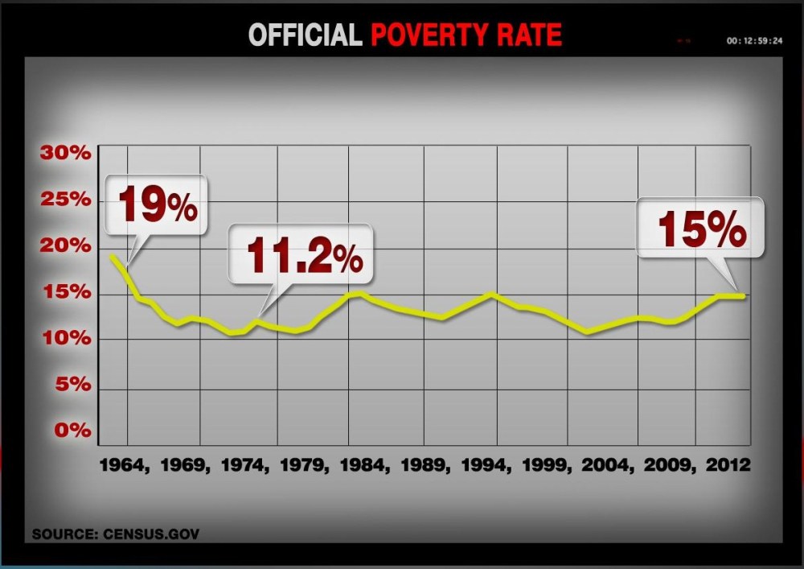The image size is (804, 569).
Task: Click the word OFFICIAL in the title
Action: [x=305, y=35]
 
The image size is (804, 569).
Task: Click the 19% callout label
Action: [x=158, y=206]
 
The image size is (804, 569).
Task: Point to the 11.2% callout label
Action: [x=303, y=255]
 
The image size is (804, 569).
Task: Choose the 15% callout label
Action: [x=702, y=229]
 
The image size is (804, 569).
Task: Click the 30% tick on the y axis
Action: [x=70, y=154]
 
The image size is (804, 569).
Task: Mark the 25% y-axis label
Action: [x=70, y=200]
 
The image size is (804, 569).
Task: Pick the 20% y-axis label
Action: [x=70, y=246]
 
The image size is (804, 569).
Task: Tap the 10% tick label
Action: [x=70, y=339]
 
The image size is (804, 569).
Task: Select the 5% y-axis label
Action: [x=76, y=385]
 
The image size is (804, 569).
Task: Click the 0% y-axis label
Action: [x=76, y=430]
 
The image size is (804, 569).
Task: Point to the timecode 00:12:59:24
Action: [x=753, y=39]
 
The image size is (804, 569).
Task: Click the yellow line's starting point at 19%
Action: [x=112, y=257]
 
